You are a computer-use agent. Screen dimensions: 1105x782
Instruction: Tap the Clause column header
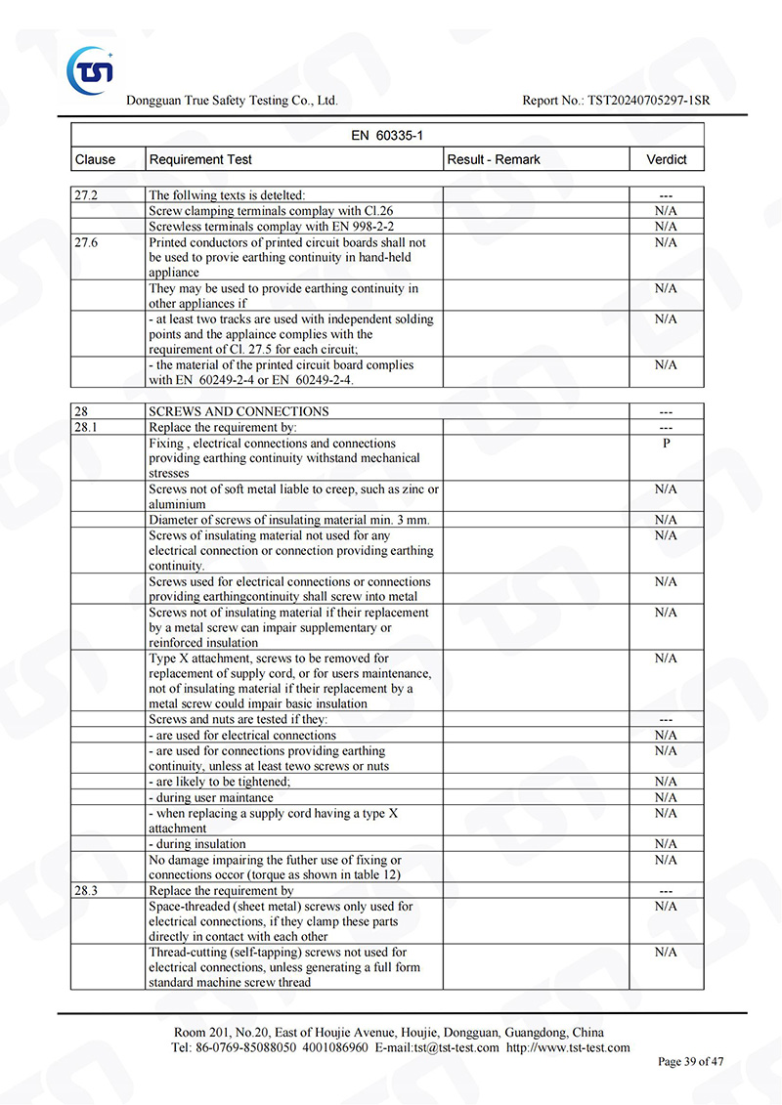point(95,159)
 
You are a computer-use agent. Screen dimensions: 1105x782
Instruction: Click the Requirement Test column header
point(200,159)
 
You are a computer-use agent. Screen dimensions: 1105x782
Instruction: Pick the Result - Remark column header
point(494,159)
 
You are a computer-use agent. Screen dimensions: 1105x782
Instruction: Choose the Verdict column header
point(666,159)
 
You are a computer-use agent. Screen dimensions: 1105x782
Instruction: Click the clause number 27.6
point(86,242)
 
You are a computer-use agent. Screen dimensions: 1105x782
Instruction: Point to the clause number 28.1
point(86,427)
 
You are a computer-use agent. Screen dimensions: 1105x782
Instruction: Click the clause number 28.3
point(86,890)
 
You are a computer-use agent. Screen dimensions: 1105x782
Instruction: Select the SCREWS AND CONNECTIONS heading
point(239,411)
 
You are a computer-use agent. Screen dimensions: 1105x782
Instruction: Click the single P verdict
point(666,443)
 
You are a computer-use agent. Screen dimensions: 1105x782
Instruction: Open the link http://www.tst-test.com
point(568,1047)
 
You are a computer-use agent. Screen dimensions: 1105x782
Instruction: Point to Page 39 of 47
point(691,1061)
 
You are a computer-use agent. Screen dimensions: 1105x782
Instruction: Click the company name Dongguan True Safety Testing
point(232,101)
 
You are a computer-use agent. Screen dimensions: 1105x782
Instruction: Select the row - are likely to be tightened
point(220,782)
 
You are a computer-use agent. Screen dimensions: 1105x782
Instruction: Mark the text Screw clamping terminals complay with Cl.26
point(271,211)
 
